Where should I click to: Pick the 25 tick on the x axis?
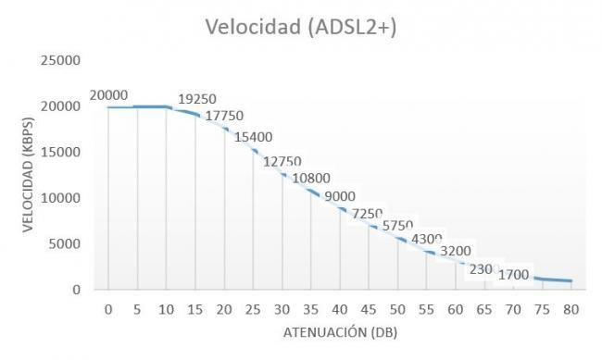tap(253, 307)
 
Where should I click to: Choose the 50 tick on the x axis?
tap(397, 307)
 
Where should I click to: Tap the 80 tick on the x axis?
tap(571, 307)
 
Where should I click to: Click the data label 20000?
tap(108, 94)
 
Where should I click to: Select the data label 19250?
tap(195, 99)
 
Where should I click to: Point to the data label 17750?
tap(224, 116)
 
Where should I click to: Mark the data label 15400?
tap(253, 137)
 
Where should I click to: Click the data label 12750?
tap(282, 161)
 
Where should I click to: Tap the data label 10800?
tap(311, 179)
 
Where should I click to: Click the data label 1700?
tap(514, 274)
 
